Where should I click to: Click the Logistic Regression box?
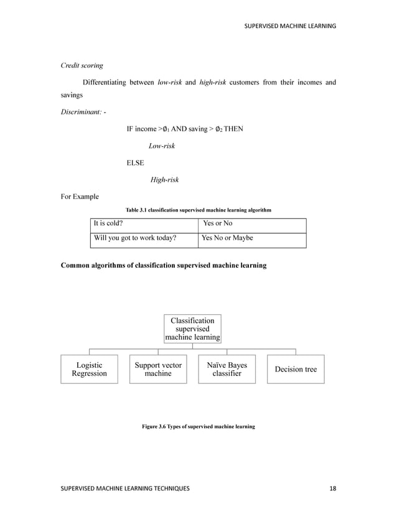[89, 369]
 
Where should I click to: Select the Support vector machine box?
[158, 369]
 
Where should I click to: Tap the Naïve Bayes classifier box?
[227, 369]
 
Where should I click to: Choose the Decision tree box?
[296, 369]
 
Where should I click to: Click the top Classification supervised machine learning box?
[192, 329]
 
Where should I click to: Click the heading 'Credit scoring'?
[82, 65]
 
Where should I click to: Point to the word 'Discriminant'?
[82, 113]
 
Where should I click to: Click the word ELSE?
[135, 163]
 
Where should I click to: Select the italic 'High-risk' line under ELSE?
[165, 180]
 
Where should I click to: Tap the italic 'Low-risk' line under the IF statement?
[162, 146]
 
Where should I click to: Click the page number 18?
[332, 488]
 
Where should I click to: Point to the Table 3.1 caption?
[198, 210]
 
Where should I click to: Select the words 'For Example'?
[79, 197]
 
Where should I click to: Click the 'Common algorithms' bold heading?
[163, 266]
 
